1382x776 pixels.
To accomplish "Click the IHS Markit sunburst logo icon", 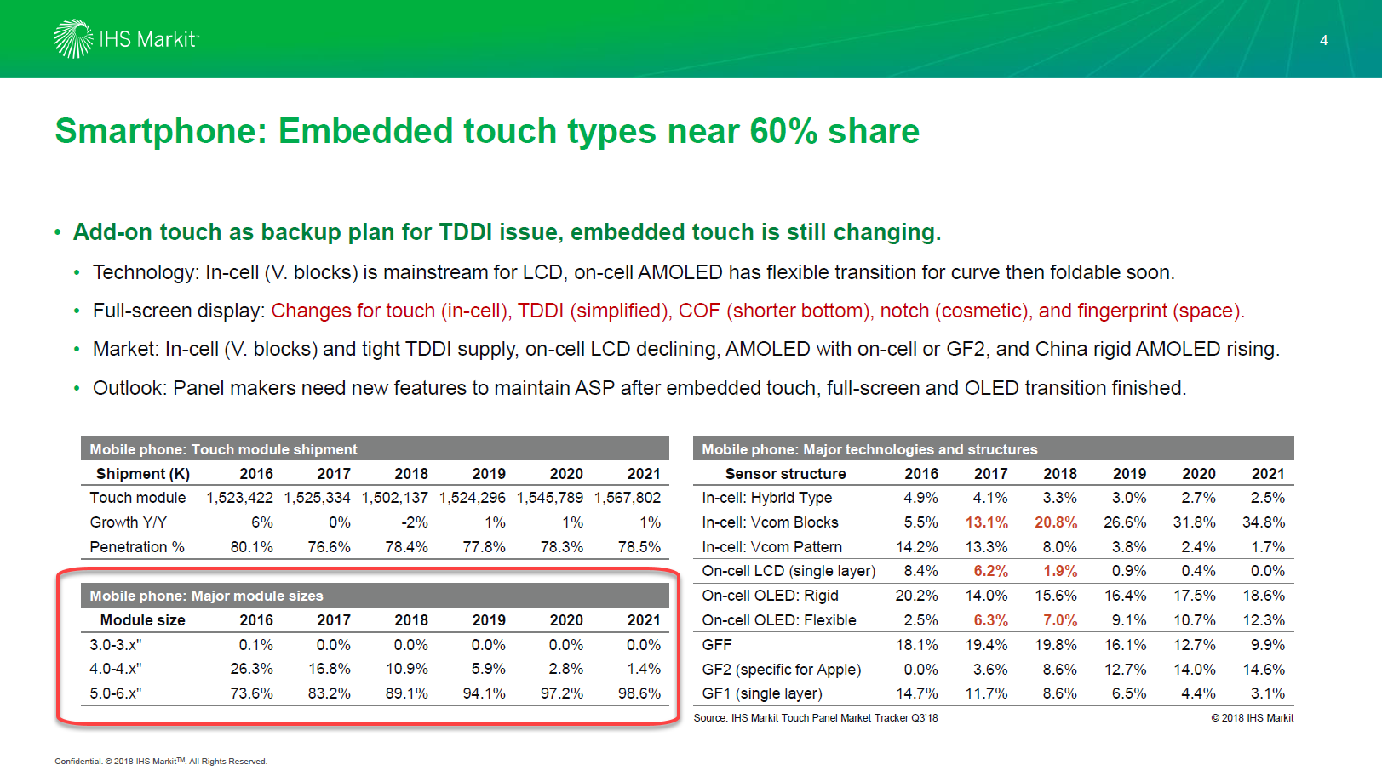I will (x=72, y=39).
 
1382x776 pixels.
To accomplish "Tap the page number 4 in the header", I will (x=1323, y=40).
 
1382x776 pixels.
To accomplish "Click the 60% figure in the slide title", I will (x=783, y=132).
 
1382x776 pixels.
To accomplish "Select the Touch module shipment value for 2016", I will (x=239, y=498).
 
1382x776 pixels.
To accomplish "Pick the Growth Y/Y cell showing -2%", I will (x=414, y=522).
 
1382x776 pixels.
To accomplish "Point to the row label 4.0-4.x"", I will (x=116, y=670).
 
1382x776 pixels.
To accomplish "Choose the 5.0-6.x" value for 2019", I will (x=484, y=693).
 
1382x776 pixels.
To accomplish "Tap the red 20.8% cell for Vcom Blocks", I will (x=1055, y=522).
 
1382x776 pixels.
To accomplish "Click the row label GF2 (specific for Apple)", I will (x=781, y=670).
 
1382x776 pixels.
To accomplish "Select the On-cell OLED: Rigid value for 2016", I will (x=916, y=596).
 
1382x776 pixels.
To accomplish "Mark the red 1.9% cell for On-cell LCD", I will (x=1059, y=571).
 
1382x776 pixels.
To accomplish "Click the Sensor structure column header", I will (x=785, y=474).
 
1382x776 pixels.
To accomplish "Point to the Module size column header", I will (x=142, y=620).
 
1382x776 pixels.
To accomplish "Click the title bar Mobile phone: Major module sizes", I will (x=206, y=596).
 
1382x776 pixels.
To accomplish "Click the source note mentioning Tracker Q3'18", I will (x=815, y=718).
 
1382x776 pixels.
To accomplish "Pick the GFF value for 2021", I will (x=1267, y=645).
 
